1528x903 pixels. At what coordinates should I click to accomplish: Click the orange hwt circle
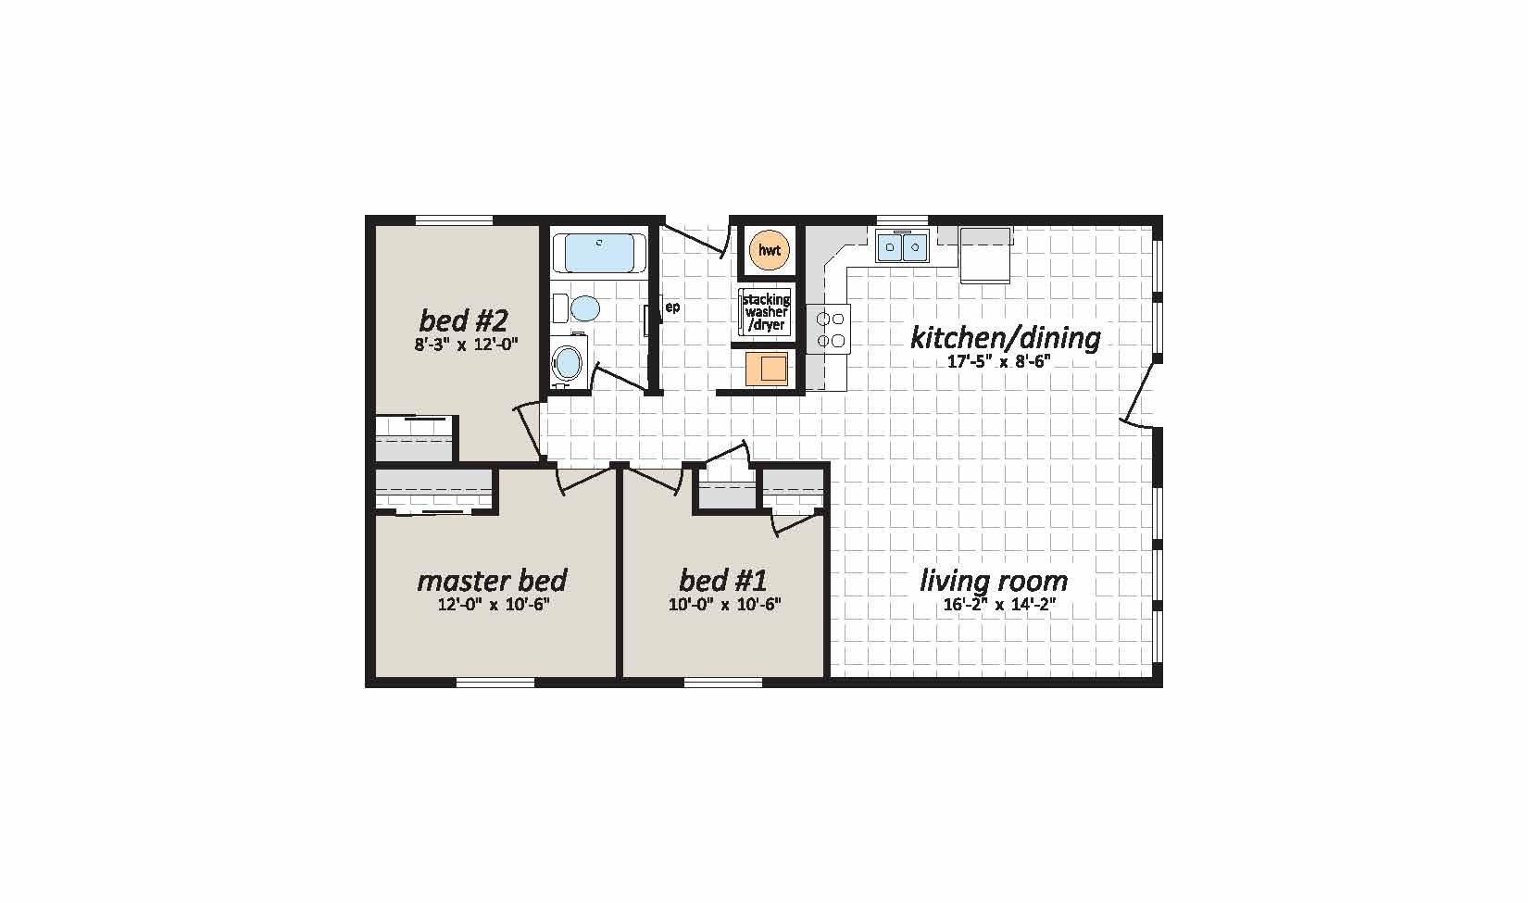tap(769, 250)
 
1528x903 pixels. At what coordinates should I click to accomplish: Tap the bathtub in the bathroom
tap(599, 253)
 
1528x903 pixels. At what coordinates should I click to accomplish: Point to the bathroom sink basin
tap(567, 362)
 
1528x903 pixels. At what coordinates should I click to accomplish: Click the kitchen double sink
tap(902, 245)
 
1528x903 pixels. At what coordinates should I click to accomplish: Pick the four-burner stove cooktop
tap(830, 329)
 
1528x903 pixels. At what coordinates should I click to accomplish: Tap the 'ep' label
tap(672, 307)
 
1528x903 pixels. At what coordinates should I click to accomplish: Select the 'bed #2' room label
tap(464, 320)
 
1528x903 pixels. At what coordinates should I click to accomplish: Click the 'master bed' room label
tap(492, 581)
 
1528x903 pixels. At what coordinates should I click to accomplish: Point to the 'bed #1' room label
tap(723, 581)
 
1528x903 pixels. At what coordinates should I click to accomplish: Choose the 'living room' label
tap(994, 581)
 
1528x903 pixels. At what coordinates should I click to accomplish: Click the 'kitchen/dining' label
tap(1006, 338)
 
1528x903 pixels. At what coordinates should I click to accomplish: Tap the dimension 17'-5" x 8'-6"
tap(998, 361)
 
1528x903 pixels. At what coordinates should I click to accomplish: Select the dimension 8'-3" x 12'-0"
tap(467, 345)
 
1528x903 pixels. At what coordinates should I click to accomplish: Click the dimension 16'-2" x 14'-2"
tap(999, 604)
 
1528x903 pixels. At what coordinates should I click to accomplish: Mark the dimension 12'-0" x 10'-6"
tap(494, 604)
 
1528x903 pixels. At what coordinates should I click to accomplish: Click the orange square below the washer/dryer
tap(767, 369)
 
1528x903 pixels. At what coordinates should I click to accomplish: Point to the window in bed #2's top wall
tap(455, 219)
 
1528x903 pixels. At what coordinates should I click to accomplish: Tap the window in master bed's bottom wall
tap(495, 683)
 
